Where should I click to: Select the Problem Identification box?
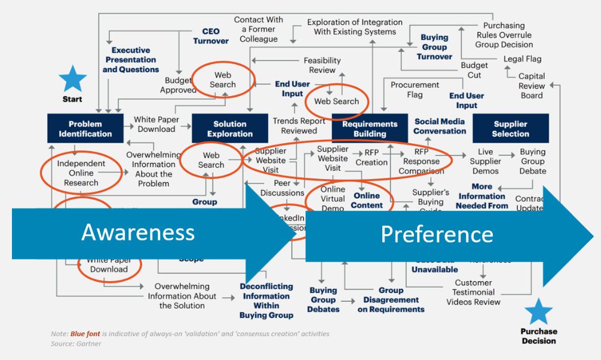click(x=85, y=128)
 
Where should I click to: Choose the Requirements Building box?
click(x=369, y=128)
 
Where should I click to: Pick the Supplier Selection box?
click(x=510, y=128)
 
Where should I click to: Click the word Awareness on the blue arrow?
click(x=138, y=232)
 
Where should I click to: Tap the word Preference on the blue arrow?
click(x=437, y=235)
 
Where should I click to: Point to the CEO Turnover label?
click(x=210, y=36)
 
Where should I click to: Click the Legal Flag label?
click(x=522, y=59)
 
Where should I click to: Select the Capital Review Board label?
click(x=531, y=85)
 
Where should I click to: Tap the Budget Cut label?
click(x=474, y=70)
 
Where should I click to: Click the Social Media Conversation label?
click(x=440, y=126)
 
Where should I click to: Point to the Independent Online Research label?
click(x=81, y=173)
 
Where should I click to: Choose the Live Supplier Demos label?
click(x=485, y=161)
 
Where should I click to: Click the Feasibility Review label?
click(x=322, y=65)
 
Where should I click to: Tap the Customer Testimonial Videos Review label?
click(x=473, y=292)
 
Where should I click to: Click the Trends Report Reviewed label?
click(x=299, y=125)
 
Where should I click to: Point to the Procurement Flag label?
click(x=415, y=90)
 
